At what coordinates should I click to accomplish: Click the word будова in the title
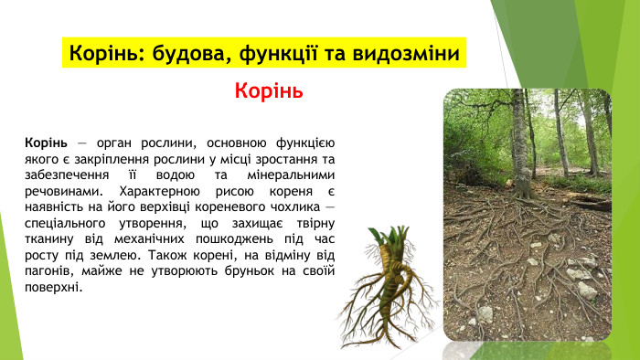(x=178, y=53)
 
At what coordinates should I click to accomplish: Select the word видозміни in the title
(x=405, y=53)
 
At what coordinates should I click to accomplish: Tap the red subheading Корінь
(x=268, y=91)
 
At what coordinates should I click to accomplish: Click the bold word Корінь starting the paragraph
(x=47, y=143)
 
